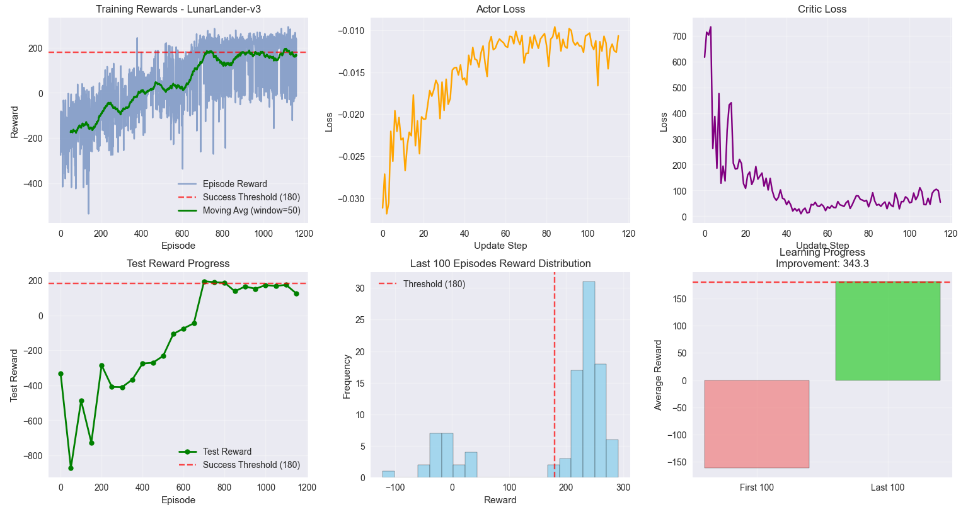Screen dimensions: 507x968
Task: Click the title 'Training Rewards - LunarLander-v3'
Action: pos(178,9)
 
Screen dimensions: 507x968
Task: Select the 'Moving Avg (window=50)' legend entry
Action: pos(251,210)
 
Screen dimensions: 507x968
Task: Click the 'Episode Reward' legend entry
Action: pos(234,184)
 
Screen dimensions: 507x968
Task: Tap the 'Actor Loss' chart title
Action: pos(500,9)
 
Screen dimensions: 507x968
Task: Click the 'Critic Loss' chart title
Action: pos(822,9)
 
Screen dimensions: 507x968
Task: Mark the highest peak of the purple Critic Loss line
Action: pos(710,27)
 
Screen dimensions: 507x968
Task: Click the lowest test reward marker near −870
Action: pos(71,468)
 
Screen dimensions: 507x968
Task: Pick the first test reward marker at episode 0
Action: pos(60,373)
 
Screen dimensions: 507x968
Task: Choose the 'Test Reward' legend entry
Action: pos(227,452)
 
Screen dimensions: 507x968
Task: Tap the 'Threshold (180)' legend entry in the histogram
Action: pos(434,284)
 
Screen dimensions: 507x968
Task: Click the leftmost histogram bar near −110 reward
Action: pos(388,474)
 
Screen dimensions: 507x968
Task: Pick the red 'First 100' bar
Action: pos(756,424)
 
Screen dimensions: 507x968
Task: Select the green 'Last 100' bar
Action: pos(887,331)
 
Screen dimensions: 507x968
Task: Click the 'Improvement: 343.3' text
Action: pos(822,264)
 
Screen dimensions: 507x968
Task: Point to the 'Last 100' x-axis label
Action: pos(887,487)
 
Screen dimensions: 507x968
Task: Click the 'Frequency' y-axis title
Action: pos(347,376)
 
